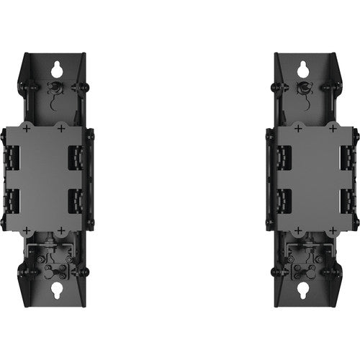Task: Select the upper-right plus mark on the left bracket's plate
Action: [60, 127]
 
